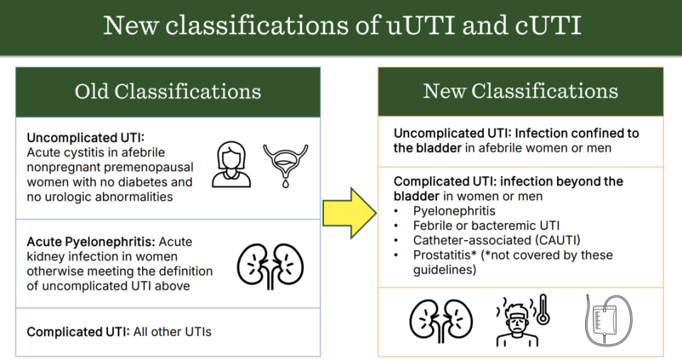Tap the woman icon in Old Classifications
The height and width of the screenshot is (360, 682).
[232, 164]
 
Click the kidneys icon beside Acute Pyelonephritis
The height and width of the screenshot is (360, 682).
[270, 266]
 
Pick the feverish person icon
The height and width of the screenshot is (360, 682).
[518, 322]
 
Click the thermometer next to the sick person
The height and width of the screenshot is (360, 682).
[542, 309]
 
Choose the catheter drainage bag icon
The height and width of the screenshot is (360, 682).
[608, 320]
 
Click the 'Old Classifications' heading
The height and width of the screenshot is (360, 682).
[168, 92]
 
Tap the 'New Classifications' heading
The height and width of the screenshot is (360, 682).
[521, 92]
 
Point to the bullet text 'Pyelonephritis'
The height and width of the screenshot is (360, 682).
[454, 211]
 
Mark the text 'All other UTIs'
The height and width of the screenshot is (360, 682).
[172, 332]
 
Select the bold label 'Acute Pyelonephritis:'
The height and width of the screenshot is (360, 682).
[90, 241]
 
